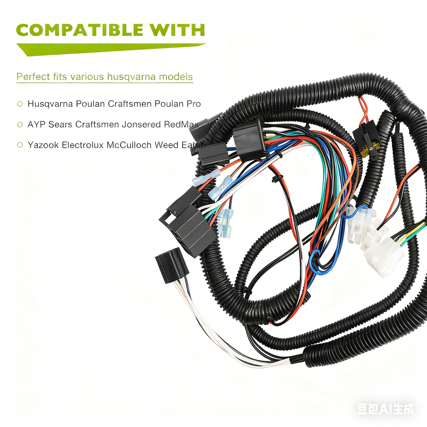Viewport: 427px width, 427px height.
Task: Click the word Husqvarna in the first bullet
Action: tap(50, 104)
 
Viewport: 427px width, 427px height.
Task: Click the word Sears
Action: tap(60, 125)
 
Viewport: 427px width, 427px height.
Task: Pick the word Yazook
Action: tap(40, 145)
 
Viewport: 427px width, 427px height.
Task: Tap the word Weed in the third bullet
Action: tap(165, 145)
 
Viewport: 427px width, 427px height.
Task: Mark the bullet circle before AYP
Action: tap(20, 125)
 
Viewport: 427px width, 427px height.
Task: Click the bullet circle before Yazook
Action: tap(20, 145)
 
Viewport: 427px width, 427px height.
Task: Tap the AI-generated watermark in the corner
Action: tap(385, 409)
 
